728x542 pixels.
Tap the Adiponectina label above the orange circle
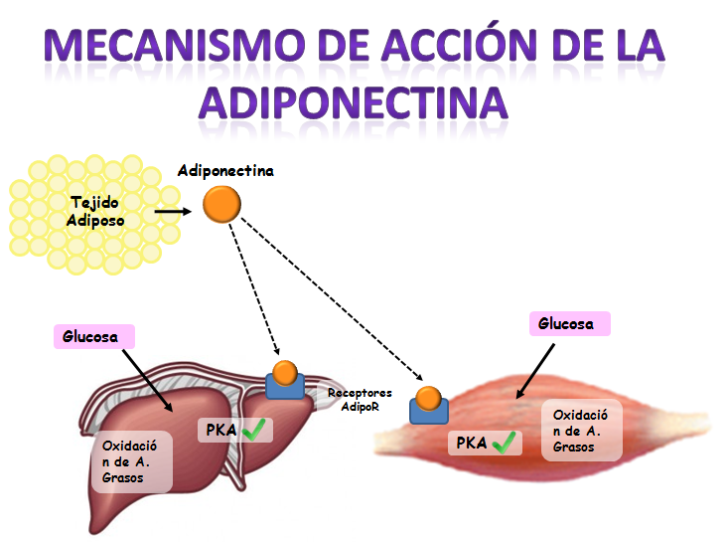[225, 171]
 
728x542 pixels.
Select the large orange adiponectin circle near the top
[221, 205]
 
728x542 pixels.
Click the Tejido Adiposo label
[95, 211]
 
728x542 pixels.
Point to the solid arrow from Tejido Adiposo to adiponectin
[174, 211]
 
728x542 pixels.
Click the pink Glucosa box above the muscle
[567, 323]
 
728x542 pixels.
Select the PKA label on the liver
[221, 431]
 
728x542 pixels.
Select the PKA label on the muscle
[471, 443]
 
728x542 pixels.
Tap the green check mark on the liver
[257, 431]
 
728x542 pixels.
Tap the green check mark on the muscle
[506, 443]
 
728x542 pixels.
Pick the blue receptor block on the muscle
[430, 411]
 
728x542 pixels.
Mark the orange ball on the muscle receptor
[428, 398]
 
